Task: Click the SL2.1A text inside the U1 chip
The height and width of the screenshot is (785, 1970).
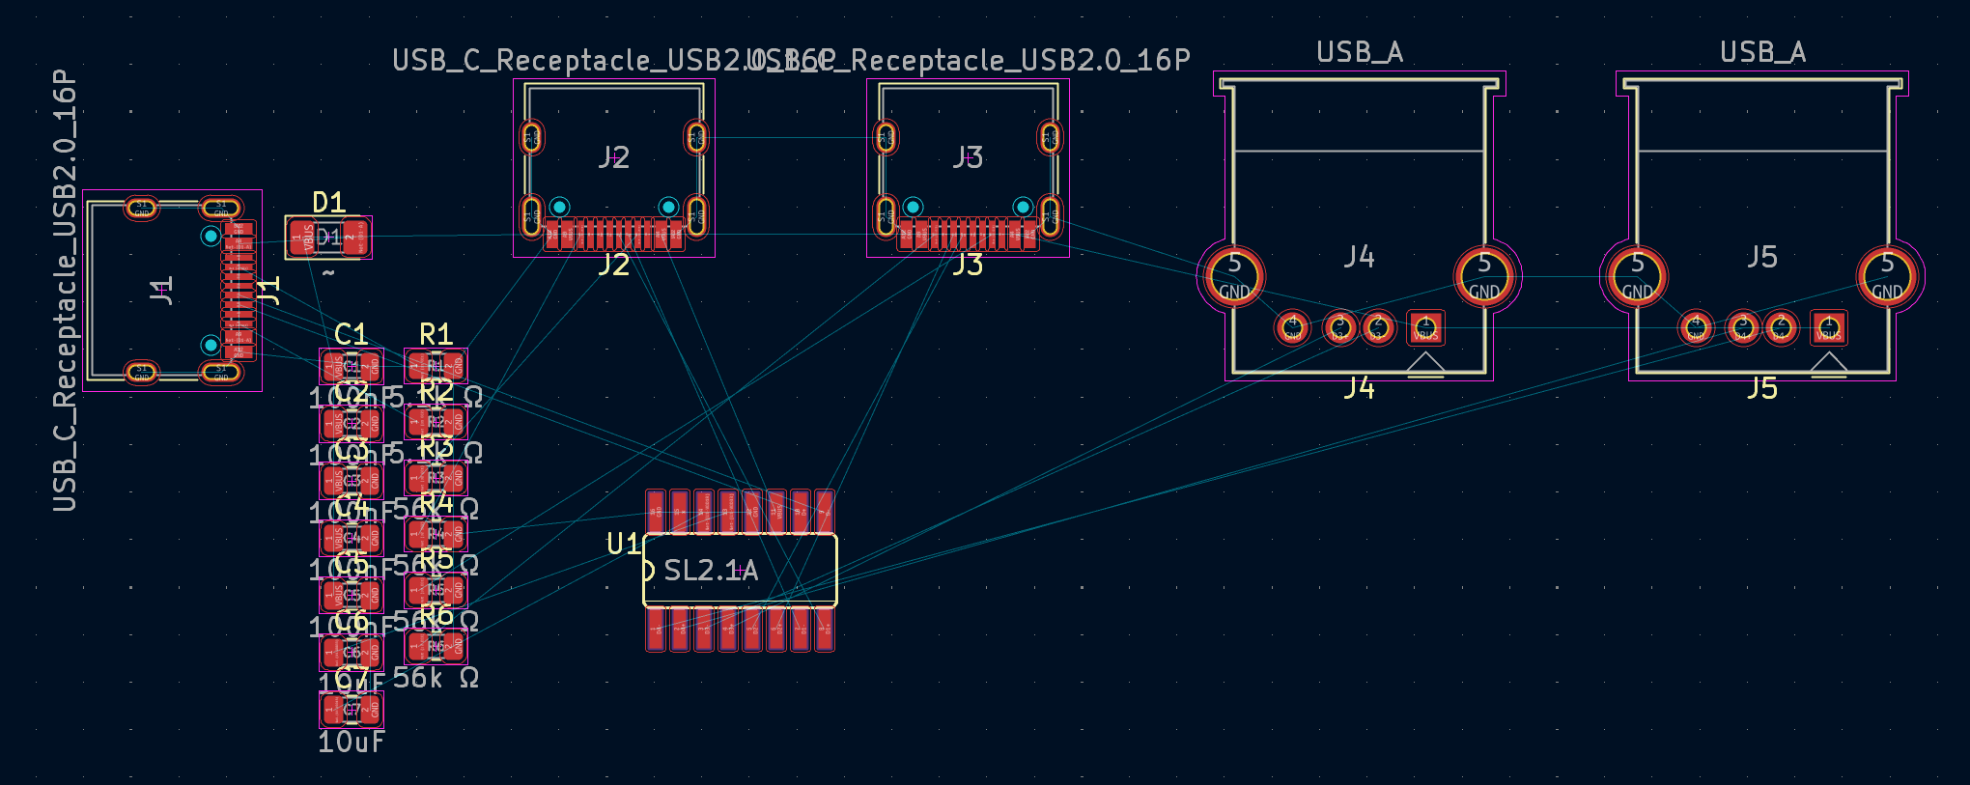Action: [x=711, y=571]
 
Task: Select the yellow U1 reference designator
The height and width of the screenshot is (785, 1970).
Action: [x=623, y=545]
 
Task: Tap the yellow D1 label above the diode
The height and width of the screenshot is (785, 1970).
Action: [x=328, y=203]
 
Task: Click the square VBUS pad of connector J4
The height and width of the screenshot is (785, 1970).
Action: [x=1425, y=328]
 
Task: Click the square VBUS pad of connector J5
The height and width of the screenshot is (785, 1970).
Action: [x=1828, y=328]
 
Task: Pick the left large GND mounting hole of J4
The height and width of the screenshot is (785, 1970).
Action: [x=1234, y=276]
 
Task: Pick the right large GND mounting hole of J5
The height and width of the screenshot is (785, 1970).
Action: [x=1887, y=276]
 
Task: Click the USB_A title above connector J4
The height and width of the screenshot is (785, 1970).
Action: [x=1360, y=52]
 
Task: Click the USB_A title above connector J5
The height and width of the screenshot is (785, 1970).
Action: [x=1762, y=52]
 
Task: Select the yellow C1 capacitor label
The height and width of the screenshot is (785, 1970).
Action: [x=351, y=334]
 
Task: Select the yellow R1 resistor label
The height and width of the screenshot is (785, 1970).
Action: [x=436, y=334]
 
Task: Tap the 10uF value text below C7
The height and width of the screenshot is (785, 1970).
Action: [x=351, y=743]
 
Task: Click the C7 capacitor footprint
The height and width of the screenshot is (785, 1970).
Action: [x=352, y=711]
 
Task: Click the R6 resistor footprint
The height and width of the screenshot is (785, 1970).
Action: [x=436, y=646]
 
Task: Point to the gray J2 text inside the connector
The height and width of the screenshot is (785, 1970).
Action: [x=613, y=157]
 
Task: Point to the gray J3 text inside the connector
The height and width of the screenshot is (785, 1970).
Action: [x=968, y=157]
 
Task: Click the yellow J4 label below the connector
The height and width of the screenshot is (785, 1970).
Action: [x=1359, y=388]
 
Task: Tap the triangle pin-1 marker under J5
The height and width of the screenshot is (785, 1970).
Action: [x=1828, y=363]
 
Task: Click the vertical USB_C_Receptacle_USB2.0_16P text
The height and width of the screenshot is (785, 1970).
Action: [x=65, y=290]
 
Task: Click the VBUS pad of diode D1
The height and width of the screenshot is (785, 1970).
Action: [x=301, y=237]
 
